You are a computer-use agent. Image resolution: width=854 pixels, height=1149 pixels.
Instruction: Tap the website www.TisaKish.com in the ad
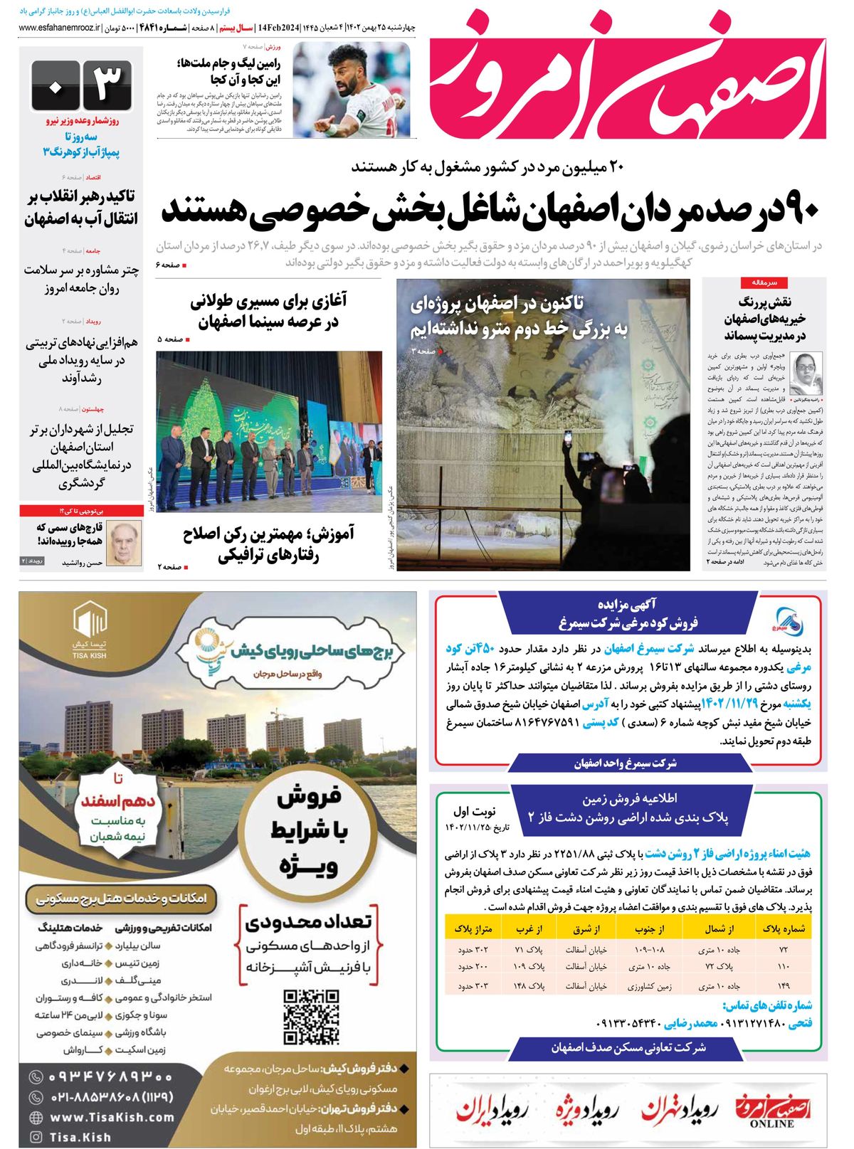point(112,1117)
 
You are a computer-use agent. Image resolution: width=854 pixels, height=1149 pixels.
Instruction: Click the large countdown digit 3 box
point(107,85)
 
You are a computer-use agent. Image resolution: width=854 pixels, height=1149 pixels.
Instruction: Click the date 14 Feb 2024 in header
point(280,28)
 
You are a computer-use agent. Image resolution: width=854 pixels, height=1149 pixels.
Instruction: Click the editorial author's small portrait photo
point(806,374)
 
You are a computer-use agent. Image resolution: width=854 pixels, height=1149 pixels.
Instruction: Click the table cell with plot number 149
point(784,986)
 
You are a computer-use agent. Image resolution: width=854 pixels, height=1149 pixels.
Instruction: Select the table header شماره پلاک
point(784,928)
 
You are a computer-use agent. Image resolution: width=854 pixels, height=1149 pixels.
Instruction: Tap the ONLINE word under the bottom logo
point(771,1124)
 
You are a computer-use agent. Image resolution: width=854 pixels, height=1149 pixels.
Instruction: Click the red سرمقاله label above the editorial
point(764,282)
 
